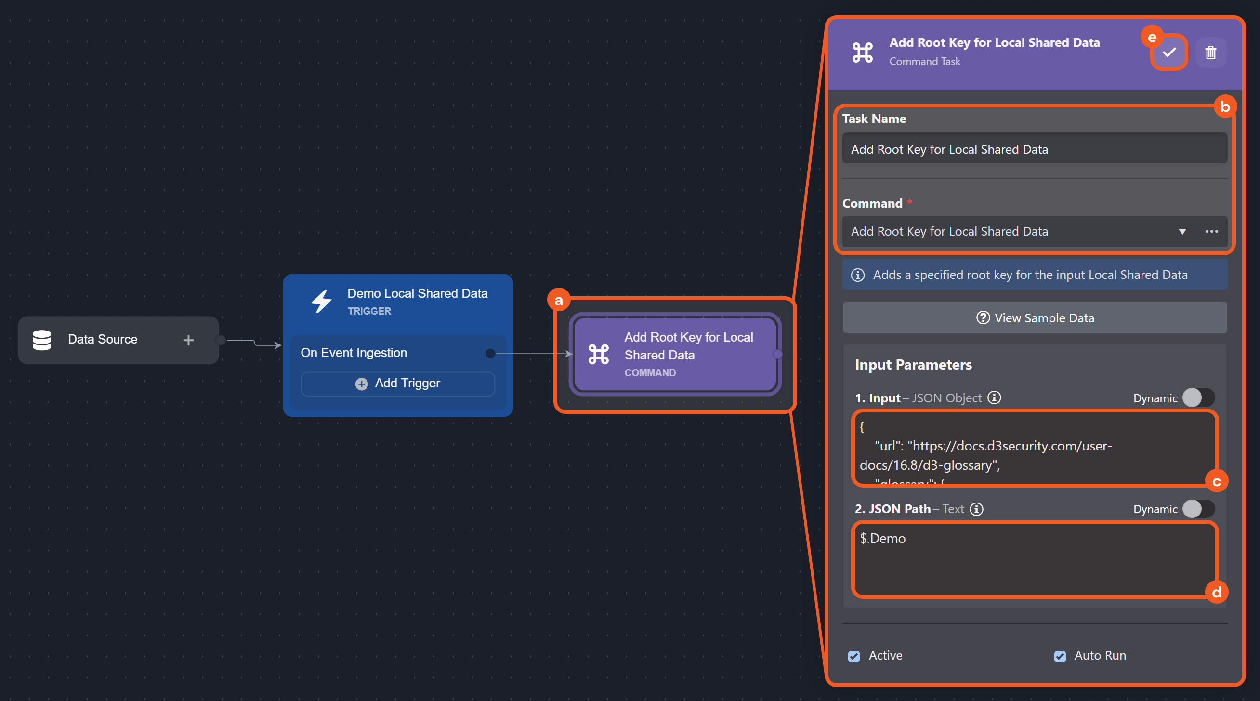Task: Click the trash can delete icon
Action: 1210,53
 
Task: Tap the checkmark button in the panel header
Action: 1169,53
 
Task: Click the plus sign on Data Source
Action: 188,340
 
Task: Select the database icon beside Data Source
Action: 42,340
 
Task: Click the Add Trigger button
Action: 398,384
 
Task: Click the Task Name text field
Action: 1034,149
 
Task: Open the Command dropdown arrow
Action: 1182,231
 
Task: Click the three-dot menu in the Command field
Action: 1211,231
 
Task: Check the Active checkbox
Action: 854,656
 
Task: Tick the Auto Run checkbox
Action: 1060,656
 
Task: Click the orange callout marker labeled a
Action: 559,300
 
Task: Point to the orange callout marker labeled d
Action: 1217,593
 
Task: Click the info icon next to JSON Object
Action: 994,397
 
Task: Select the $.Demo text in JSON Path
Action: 883,539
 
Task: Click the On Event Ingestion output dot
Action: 490,353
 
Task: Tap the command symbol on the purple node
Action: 599,354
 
